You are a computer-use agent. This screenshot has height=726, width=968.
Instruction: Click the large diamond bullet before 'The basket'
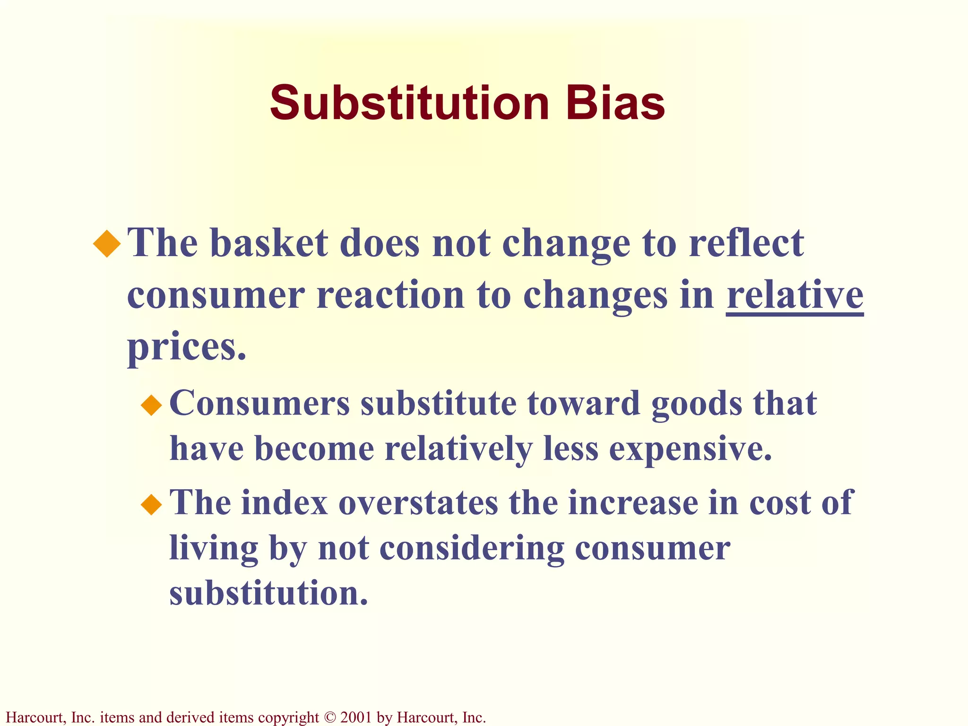(107, 243)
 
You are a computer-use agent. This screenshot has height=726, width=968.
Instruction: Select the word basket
(269, 243)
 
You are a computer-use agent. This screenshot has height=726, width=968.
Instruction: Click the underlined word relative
(795, 295)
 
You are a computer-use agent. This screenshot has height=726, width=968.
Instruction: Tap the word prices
(187, 347)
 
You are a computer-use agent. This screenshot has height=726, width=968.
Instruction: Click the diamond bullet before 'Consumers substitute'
(151, 405)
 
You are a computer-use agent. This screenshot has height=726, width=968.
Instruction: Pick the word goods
(697, 405)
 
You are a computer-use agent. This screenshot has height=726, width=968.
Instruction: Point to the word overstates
(418, 502)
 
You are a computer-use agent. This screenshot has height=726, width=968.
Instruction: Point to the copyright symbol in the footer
(329, 717)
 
